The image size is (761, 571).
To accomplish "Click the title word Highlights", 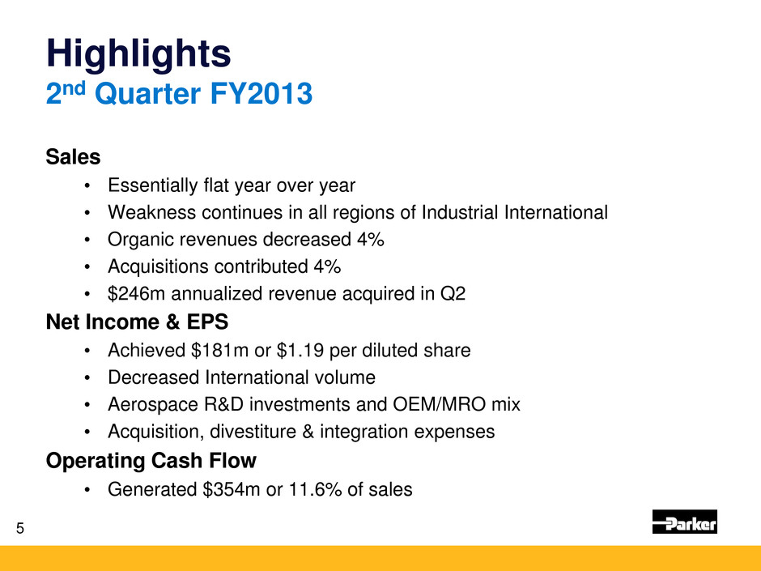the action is pos(138,54).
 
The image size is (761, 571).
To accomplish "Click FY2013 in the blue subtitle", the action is pos(261,94).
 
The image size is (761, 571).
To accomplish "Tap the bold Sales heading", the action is pos(74,157).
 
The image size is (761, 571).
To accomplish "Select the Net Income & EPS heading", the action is pos(138,322).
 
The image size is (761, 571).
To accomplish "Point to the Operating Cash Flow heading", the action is pos(151,461).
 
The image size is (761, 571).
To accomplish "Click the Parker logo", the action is pos(685,522).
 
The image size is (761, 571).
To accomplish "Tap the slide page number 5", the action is pos(20,528).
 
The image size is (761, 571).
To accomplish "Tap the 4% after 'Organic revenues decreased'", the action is pos(371,240).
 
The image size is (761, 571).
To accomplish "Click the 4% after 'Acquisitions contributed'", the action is pos(327,266).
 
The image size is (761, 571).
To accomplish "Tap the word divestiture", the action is pos(253,432).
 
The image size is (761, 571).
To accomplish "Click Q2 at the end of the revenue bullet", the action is pos(453,294).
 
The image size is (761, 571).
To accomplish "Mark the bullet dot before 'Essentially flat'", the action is pos(87,186).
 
